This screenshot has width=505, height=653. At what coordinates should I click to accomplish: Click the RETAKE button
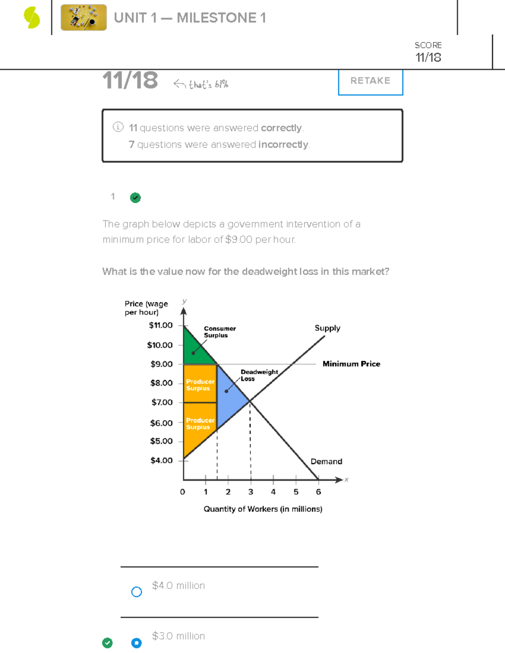(370, 81)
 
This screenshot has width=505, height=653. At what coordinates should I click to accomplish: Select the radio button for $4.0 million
(136, 592)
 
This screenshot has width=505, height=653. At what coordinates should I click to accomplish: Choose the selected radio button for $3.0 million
(136, 643)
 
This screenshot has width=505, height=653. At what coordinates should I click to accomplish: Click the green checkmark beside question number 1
(135, 198)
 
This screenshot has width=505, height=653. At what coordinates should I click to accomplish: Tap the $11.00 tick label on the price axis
(161, 325)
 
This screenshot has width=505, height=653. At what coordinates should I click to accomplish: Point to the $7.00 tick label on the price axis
(162, 402)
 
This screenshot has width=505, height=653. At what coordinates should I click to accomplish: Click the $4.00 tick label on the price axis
(162, 460)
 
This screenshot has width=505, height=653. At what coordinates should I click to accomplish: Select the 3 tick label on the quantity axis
(251, 492)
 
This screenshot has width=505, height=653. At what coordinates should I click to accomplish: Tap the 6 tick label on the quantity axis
(319, 492)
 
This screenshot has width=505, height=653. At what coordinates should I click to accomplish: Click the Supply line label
(327, 328)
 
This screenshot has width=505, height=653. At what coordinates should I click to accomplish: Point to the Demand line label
(326, 461)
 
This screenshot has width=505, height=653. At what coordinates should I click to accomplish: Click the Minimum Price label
(351, 364)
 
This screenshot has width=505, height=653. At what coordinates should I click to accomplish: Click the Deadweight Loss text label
(259, 375)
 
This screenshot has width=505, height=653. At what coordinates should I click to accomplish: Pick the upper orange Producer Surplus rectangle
(200, 384)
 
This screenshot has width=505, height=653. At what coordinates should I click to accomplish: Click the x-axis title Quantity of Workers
(263, 509)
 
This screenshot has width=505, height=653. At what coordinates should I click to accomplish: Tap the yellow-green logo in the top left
(32, 18)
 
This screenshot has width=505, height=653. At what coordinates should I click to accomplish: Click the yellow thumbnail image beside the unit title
(84, 18)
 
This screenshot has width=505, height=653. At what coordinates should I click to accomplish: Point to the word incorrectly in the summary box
(284, 145)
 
